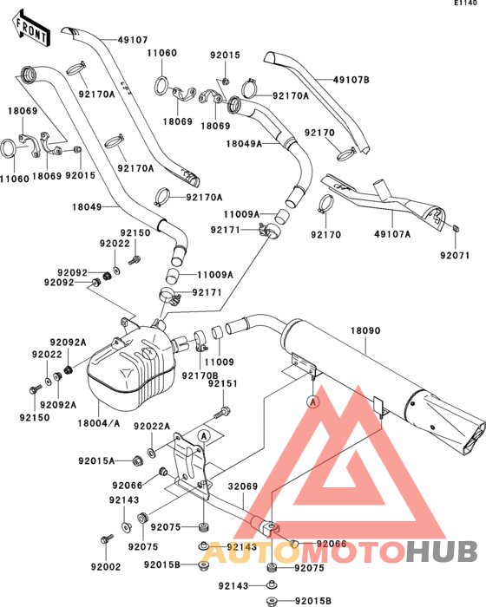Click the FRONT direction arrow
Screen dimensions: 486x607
point(30,29)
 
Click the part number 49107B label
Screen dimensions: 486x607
point(351,80)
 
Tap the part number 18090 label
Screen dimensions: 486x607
point(365,330)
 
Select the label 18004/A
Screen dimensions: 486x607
point(99,423)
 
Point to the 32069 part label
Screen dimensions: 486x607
point(243,486)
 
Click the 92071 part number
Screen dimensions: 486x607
point(455,256)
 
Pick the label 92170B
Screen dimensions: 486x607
point(200,375)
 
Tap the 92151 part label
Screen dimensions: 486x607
point(222,383)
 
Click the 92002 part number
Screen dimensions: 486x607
point(106,567)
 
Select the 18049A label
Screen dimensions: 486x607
point(244,144)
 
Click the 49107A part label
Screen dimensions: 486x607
point(392,234)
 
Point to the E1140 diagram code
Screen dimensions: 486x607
point(465,3)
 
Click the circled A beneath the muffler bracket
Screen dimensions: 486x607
point(313,401)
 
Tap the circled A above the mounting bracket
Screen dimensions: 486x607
point(204,436)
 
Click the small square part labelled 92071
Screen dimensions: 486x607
point(456,227)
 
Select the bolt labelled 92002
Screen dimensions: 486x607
point(106,538)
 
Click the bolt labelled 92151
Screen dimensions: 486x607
point(222,412)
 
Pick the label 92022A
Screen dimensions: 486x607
point(152,427)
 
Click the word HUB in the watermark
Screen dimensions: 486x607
point(442,552)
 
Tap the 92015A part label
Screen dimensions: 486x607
point(96,461)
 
